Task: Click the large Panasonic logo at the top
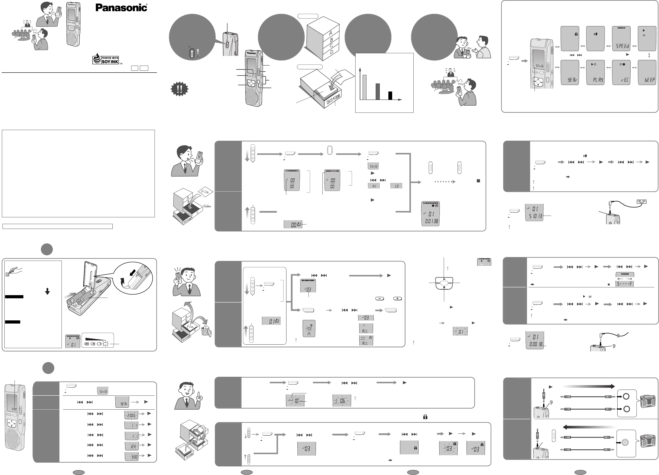[122, 8]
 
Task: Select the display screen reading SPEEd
[622, 38]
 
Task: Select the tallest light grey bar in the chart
[364, 87]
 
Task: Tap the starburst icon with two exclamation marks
[179, 89]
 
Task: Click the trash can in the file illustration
[206, 331]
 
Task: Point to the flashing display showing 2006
[131, 416]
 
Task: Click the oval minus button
[380, 299]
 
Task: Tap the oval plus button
[397, 299]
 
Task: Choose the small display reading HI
[374, 186]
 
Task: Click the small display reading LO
[396, 186]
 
